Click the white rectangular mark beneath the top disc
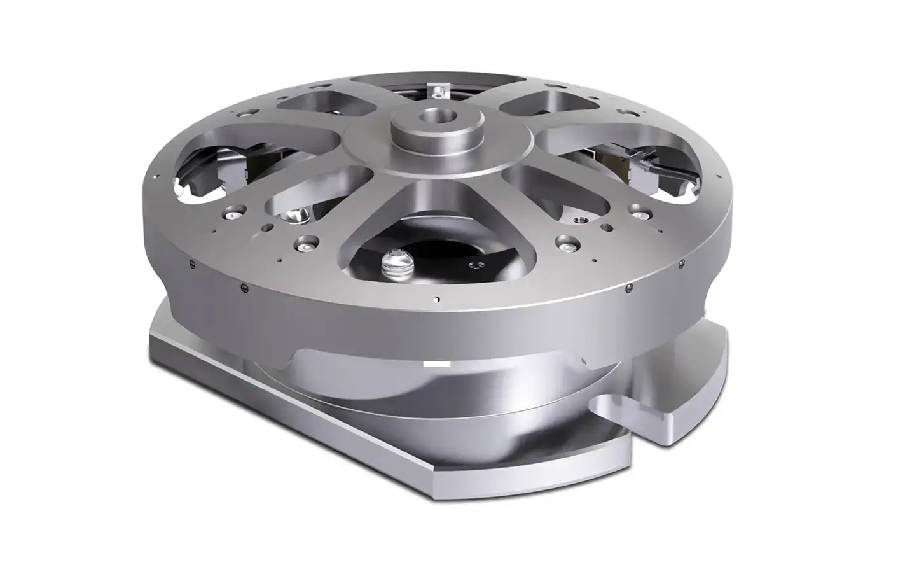436,364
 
